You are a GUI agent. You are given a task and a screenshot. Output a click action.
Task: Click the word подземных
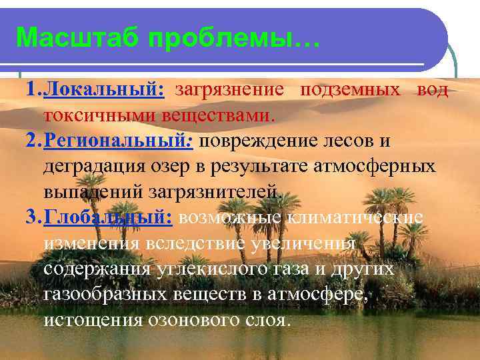(x=351, y=90)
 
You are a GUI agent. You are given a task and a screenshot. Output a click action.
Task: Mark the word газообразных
(x=107, y=293)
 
